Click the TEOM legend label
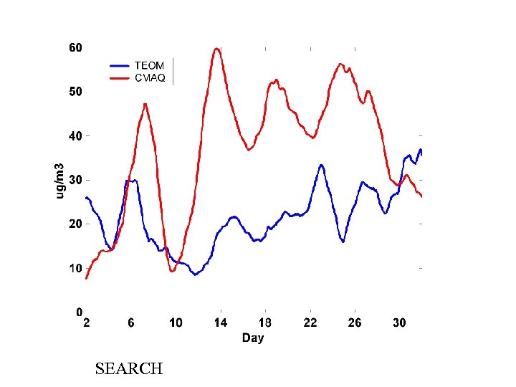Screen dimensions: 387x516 pyautogui.click(x=149, y=66)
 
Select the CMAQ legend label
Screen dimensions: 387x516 pyautogui.click(x=150, y=78)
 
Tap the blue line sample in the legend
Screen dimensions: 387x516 pyautogui.click(x=120, y=66)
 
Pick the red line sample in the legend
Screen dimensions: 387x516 pyautogui.click(x=120, y=78)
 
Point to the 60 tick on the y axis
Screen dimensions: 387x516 pyautogui.click(x=75, y=48)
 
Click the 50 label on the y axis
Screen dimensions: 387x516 pyautogui.click(x=75, y=92)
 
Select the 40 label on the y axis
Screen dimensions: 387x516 pyautogui.click(x=75, y=136)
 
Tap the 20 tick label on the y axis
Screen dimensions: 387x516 pyautogui.click(x=75, y=224)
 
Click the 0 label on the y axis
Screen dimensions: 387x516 pyautogui.click(x=79, y=312)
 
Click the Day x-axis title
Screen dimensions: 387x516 pyautogui.click(x=252, y=338)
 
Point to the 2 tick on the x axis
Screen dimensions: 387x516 pyautogui.click(x=87, y=323)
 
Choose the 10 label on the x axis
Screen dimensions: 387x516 pyautogui.click(x=176, y=323)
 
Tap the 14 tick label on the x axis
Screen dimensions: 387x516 pyautogui.click(x=220, y=323)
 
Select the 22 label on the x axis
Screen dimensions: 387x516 pyautogui.click(x=310, y=323)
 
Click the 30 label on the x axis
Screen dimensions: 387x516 pyautogui.click(x=399, y=323)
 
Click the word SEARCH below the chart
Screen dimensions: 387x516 pyautogui.click(x=129, y=369)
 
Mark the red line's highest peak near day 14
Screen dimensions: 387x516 pyautogui.click(x=216, y=49)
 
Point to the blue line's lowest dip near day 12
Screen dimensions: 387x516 pyautogui.click(x=195, y=274)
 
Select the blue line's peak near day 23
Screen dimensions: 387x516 pyautogui.click(x=322, y=166)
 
